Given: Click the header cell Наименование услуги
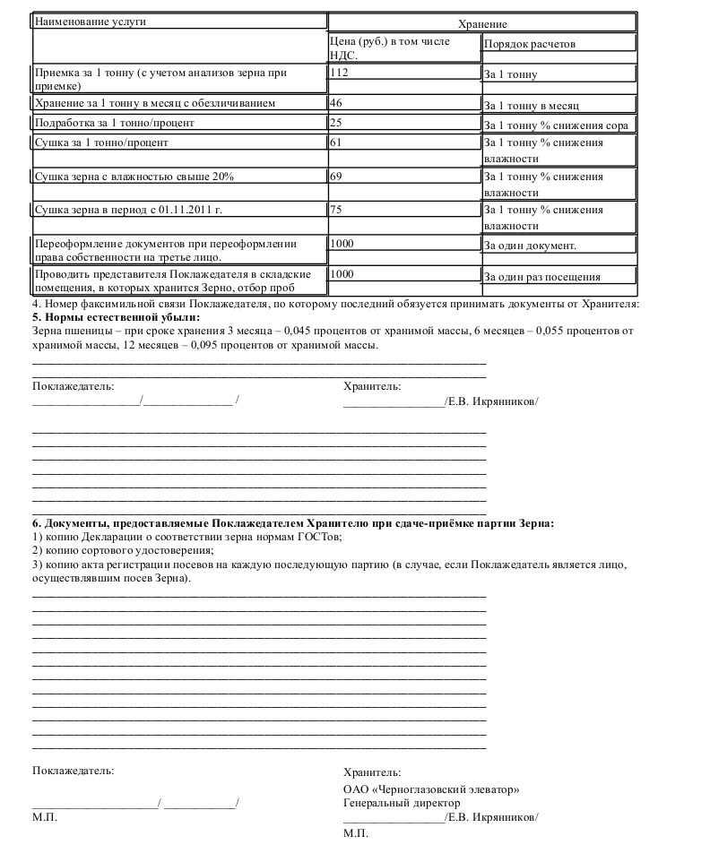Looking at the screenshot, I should (x=90, y=22).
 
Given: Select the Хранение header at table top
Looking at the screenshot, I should (x=482, y=24).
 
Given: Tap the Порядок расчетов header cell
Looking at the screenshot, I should (x=529, y=44).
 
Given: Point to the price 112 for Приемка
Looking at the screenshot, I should (x=339, y=72).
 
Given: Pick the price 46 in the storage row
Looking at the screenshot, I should (x=336, y=103).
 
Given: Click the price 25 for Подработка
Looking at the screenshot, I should (x=336, y=122).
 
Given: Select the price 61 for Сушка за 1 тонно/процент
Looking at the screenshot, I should (x=336, y=142).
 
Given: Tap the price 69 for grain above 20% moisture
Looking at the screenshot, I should (x=336, y=176).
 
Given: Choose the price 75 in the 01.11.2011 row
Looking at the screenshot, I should (x=336, y=210).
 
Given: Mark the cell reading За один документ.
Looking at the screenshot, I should (x=530, y=245).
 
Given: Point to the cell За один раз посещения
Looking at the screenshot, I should (x=542, y=277).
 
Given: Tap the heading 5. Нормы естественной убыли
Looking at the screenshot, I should (x=116, y=317).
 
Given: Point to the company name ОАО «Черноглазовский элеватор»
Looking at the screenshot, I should (x=431, y=789).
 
